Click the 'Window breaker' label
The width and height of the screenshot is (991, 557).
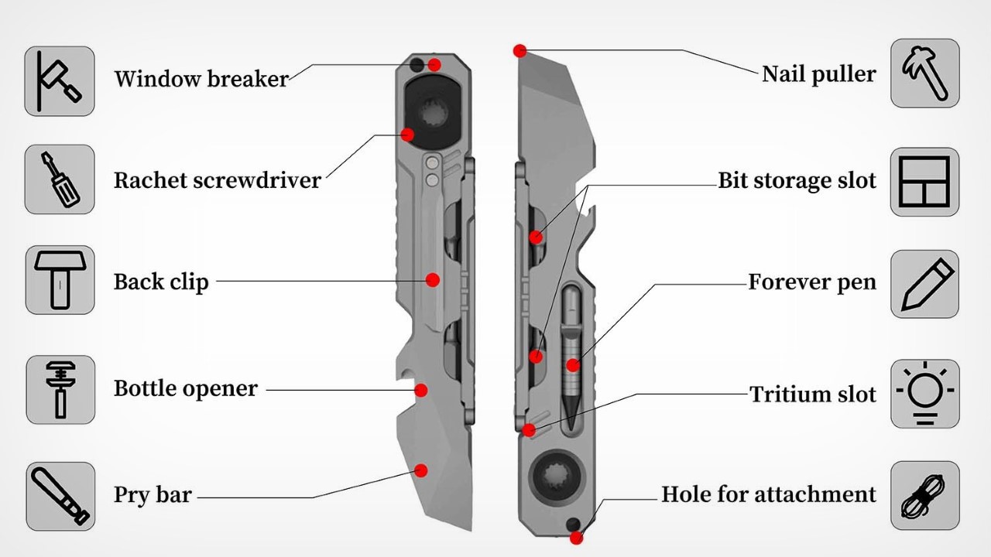click(201, 78)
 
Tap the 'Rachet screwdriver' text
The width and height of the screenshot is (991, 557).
click(217, 180)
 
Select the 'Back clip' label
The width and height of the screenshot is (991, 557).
click(161, 282)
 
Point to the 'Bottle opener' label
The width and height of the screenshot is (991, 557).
click(186, 388)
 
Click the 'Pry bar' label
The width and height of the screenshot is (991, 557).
click(153, 494)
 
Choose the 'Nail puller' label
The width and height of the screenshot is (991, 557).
click(818, 74)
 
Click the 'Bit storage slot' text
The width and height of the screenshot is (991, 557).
click(797, 181)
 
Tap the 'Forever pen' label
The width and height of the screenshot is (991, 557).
click(811, 282)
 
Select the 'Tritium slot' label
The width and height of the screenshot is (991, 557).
click(812, 395)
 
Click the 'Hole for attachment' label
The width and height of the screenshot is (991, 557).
click(768, 494)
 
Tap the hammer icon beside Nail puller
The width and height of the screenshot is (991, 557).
click(924, 73)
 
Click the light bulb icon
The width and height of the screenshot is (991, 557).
click(924, 393)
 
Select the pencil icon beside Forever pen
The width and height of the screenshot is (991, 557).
click(924, 283)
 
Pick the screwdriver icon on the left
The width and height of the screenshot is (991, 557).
click(60, 179)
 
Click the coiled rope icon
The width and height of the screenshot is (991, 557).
click(924, 496)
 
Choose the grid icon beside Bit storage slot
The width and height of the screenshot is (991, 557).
click(924, 183)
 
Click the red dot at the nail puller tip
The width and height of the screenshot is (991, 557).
click(520, 51)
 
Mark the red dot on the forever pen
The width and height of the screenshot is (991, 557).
click(572, 365)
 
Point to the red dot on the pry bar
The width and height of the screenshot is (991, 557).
click(421, 470)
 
